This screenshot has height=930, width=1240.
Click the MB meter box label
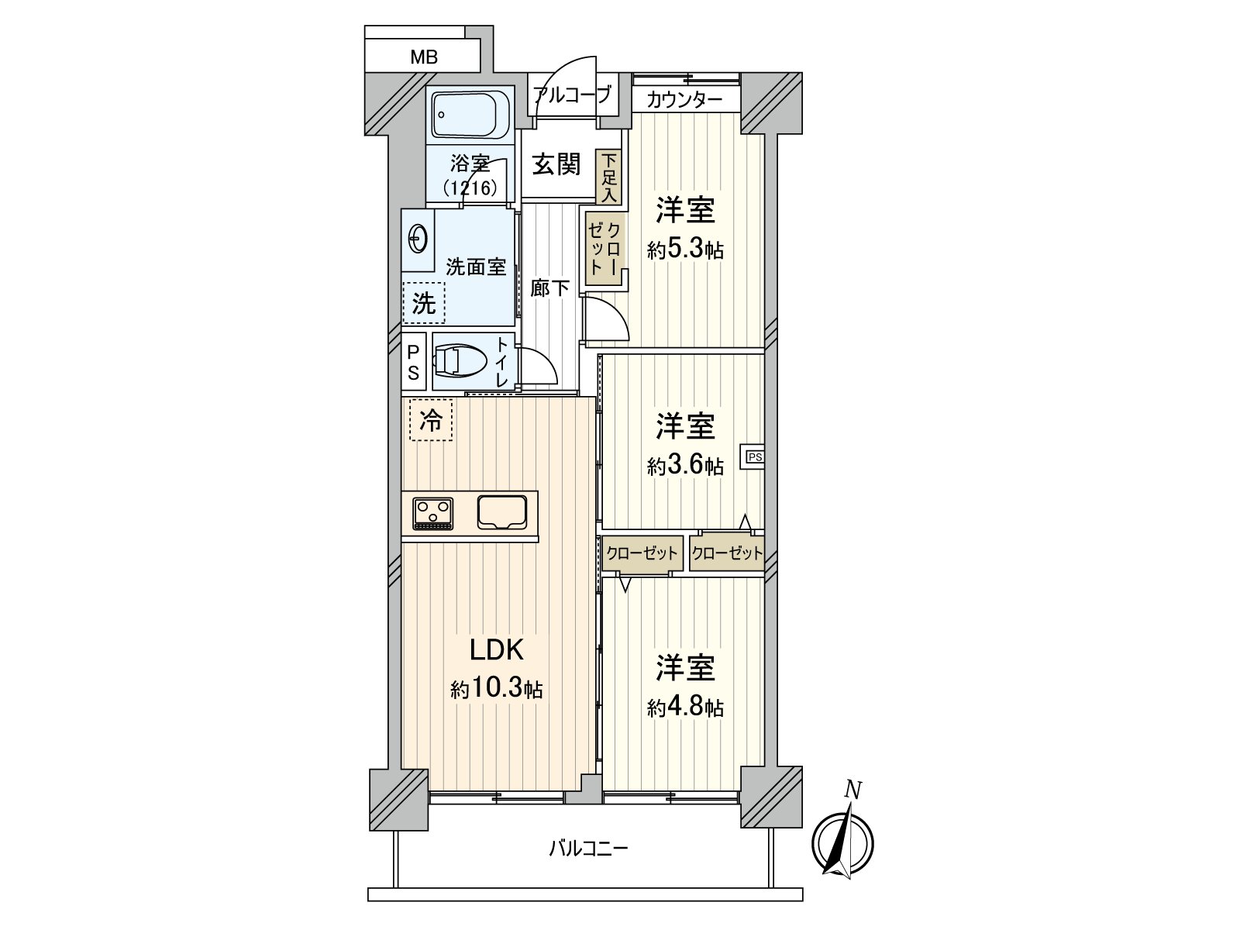tap(424, 57)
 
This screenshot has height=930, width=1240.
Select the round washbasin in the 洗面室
tap(417, 239)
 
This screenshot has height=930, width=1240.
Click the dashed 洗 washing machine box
tap(424, 303)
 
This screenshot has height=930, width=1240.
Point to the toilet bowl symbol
tap(459, 361)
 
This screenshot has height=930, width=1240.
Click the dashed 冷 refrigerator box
tap(431, 419)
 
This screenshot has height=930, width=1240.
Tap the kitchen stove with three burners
tap(432, 513)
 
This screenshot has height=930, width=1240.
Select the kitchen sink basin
tap(502, 512)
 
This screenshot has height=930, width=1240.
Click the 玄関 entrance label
tap(556, 164)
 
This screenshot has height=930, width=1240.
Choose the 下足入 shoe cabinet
tap(609, 177)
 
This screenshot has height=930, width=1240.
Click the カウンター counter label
tap(684, 101)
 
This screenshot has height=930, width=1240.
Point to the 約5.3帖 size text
tap(685, 249)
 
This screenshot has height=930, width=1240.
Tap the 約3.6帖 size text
tap(685, 466)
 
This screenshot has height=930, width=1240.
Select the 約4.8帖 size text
tap(685, 708)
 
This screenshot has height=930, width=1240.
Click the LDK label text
tap(497, 650)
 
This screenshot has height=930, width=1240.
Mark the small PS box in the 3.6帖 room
tap(753, 456)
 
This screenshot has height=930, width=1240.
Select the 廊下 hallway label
tap(549, 288)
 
